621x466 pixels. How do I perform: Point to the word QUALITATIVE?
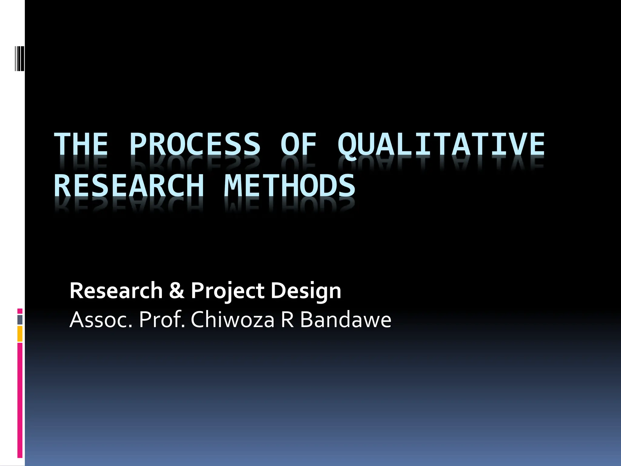441,145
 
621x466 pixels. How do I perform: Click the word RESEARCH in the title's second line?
129,186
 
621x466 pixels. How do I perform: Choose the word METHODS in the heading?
290,186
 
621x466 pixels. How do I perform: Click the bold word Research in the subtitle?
116,291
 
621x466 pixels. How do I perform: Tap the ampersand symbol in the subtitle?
177,291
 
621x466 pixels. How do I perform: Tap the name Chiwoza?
232,320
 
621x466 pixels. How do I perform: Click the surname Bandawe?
346,320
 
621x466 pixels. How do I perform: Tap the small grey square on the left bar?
20,319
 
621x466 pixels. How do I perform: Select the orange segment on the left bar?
20,334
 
